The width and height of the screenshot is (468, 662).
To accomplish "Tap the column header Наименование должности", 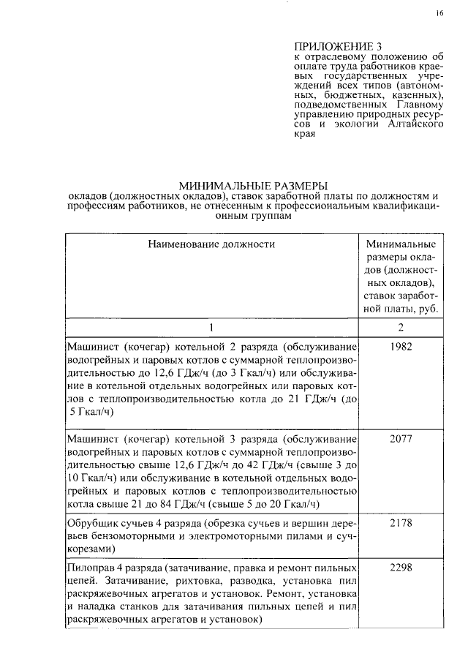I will [x=211, y=244].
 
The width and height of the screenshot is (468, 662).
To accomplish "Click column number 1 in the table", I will [x=211, y=327].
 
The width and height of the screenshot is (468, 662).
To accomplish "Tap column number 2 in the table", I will [x=401, y=327].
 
